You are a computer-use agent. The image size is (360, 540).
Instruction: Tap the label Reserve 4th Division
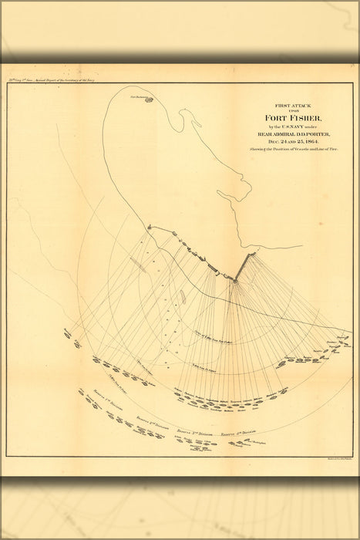click(236, 435)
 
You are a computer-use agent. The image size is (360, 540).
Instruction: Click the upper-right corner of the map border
click(352, 83)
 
